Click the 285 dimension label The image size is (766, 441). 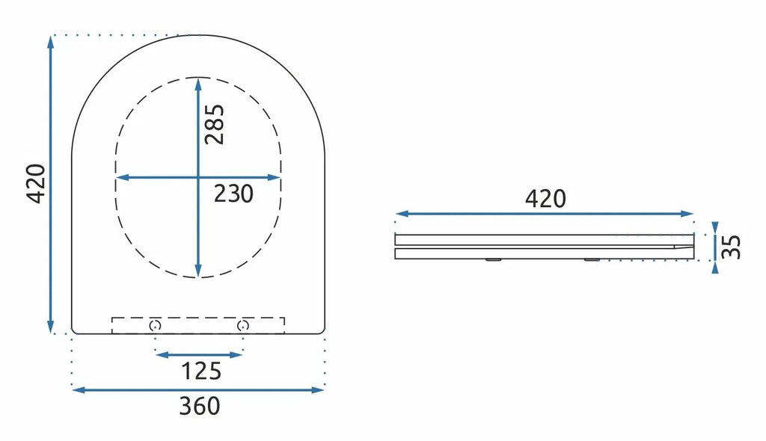pos(215,125)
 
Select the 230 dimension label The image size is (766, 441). pos(233,194)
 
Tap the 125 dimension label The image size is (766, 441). pos(200,371)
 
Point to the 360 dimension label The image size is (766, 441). pos(199,406)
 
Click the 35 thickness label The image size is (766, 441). pos(731,247)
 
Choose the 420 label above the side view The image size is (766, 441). pos(545,199)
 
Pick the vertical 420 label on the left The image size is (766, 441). pos(37,184)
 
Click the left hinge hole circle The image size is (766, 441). pos(155,325)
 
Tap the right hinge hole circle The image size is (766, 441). pos(243,325)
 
